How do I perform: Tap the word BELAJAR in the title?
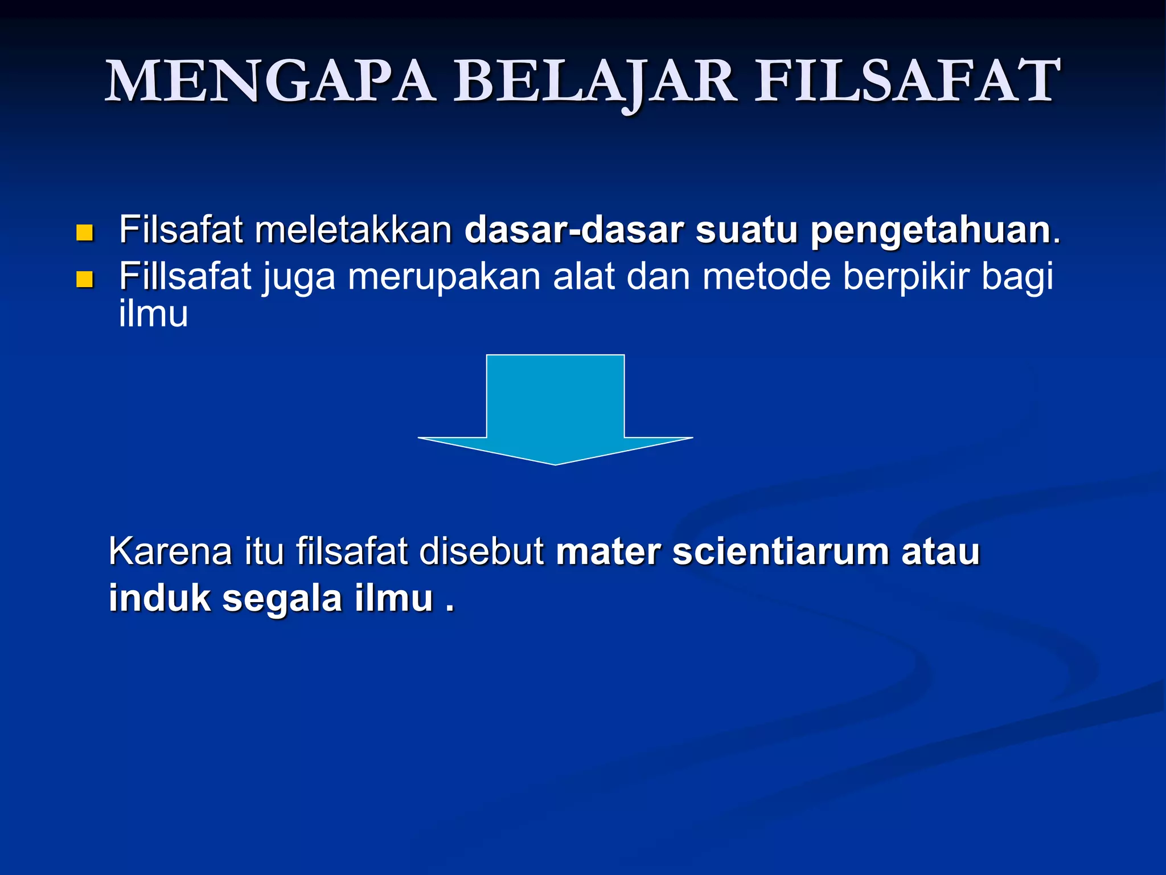pos(594,81)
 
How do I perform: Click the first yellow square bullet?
pos(85,232)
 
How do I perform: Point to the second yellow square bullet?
pos(85,279)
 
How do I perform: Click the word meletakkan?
pos(353,230)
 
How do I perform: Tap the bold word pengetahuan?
pos(930,230)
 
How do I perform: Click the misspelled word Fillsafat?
pos(185,277)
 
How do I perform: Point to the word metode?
pos(766,277)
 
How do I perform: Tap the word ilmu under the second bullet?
pos(153,314)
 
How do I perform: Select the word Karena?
pos(170,551)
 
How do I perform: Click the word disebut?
pos(482,551)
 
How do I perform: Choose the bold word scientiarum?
pos(781,551)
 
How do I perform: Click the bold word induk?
pos(159,598)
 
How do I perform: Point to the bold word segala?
pos(282,598)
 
